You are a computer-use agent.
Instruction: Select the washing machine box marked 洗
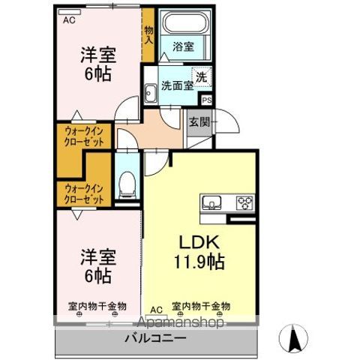(x=202, y=76)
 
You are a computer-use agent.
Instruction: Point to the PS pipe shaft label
(x=206, y=98)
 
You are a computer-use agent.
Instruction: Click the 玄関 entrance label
(x=199, y=121)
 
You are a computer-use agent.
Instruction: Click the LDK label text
(x=197, y=243)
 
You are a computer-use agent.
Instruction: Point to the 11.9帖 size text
(x=199, y=262)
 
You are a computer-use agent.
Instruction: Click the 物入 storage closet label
(x=148, y=34)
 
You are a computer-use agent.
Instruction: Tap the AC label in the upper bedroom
(x=69, y=20)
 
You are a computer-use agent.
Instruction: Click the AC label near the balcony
(x=156, y=309)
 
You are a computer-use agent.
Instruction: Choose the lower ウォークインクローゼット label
(x=82, y=193)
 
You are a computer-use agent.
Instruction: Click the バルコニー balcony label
(x=154, y=339)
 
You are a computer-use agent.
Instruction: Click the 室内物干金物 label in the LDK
(x=201, y=307)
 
